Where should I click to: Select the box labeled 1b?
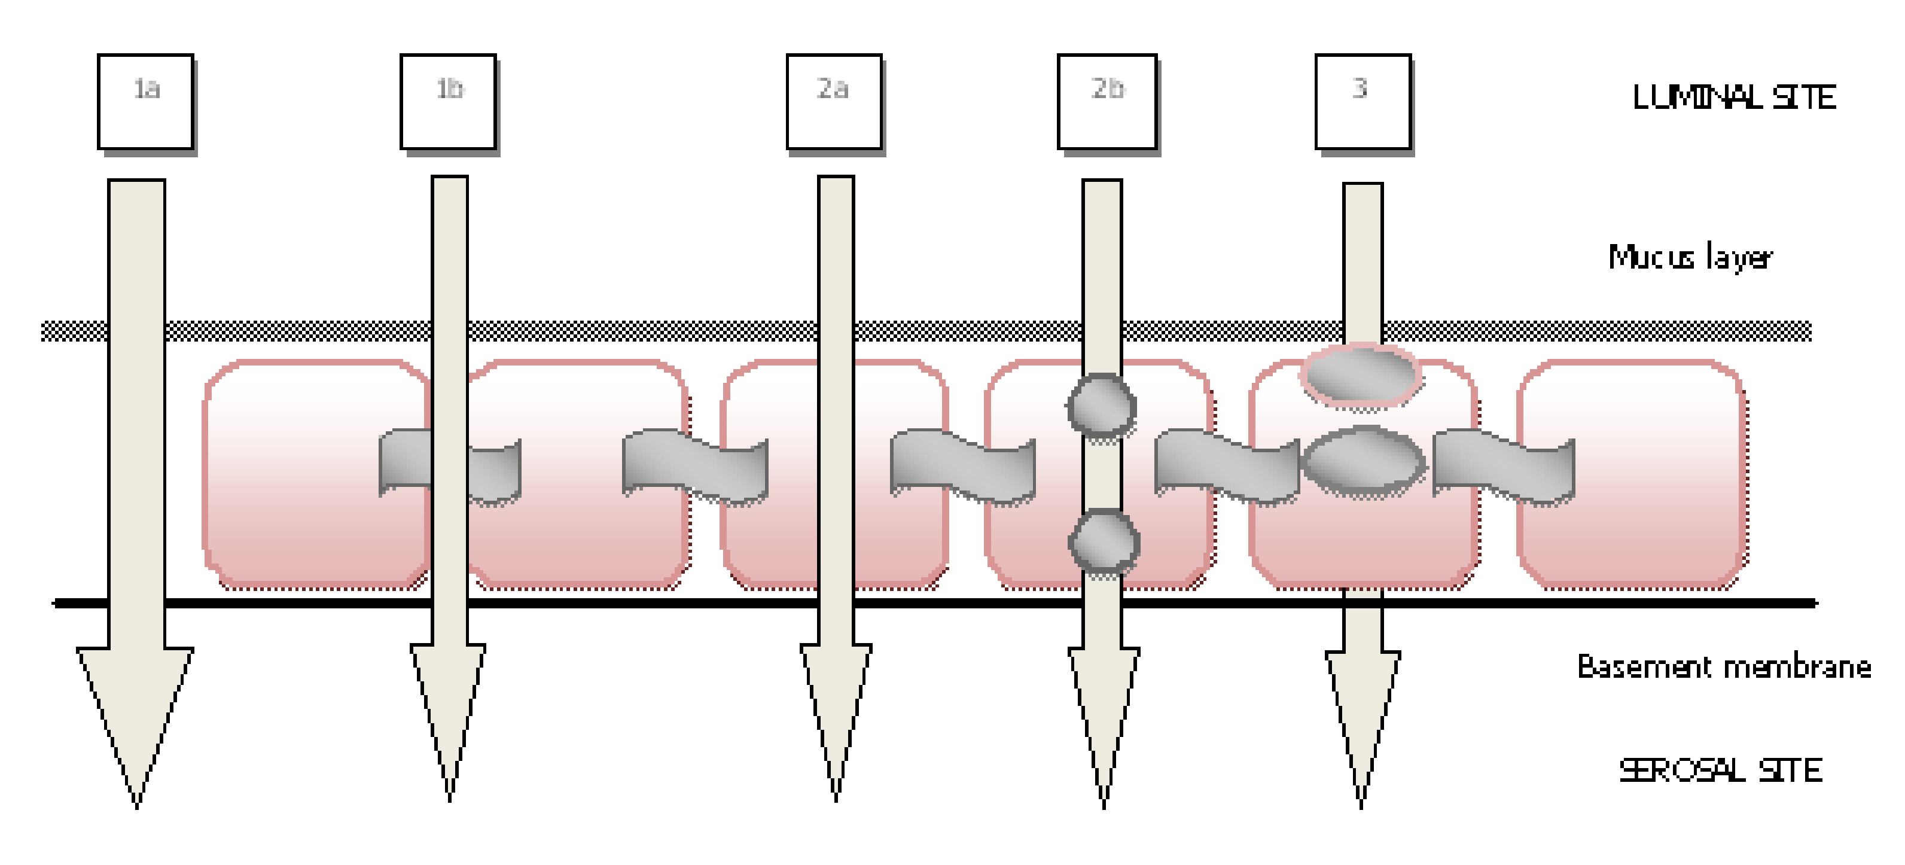coord(448,101)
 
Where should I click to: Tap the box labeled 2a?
coord(834,101)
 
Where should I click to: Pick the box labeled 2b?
coord(1107,101)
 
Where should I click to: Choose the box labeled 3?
coord(1363,101)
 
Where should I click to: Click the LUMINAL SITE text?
coord(1733,98)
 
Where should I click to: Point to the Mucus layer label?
coord(1690,257)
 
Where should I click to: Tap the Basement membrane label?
coord(1724,667)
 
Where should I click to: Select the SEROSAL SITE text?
coord(1720,770)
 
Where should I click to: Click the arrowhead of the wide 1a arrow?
coord(136,709)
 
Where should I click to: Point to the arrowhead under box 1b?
coord(449,702)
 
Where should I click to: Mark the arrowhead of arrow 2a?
coord(836,702)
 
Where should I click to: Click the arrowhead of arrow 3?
coord(1362,709)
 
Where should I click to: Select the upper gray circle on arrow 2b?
coord(1101,407)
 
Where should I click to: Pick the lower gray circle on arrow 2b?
coord(1104,543)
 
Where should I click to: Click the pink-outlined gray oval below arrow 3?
coord(1361,375)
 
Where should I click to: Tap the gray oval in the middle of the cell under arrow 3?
coord(1363,462)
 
